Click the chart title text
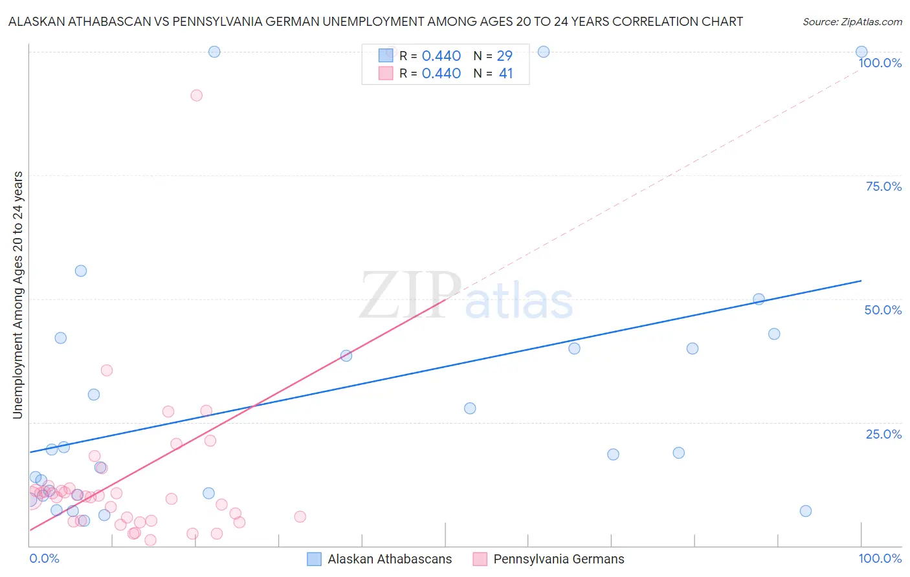375,21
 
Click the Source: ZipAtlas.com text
852,21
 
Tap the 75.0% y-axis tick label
883,186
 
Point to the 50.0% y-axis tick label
883,310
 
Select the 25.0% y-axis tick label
883,434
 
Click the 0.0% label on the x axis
44,558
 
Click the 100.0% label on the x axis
880,558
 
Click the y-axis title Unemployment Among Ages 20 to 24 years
17,294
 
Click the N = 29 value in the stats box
493,56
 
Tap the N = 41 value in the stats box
493,74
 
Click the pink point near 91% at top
197,95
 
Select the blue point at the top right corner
861,52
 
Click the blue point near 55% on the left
81,271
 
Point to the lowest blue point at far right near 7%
806,511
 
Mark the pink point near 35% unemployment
107,371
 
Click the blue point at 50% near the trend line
759,299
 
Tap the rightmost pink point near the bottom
300,516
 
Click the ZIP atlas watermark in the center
466,296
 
